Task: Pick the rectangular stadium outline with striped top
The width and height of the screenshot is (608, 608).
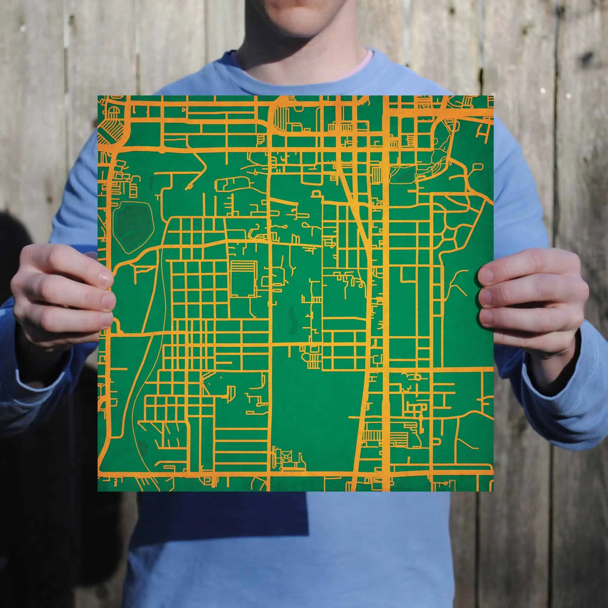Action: click(x=242, y=278)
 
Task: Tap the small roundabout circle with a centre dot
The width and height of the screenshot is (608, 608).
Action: click(x=418, y=376)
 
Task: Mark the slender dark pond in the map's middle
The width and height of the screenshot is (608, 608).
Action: click(x=292, y=320)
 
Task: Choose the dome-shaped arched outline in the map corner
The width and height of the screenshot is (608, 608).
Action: click(x=114, y=111)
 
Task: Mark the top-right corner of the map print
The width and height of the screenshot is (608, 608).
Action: click(x=493, y=96)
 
